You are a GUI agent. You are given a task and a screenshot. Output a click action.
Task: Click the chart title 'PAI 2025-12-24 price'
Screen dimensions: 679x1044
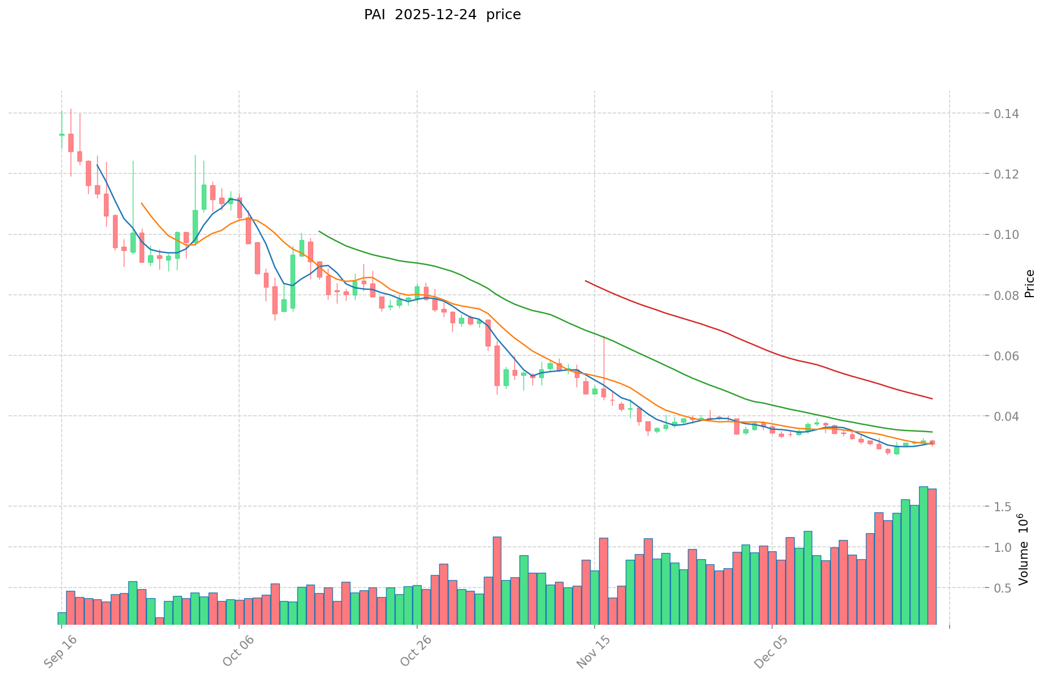(x=442, y=15)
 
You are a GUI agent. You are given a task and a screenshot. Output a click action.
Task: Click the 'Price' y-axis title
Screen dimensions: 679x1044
(x=1029, y=284)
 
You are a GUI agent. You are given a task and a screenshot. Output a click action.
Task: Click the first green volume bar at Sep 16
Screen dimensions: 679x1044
(x=62, y=619)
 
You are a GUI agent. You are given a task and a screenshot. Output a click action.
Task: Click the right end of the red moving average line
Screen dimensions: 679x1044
(x=932, y=399)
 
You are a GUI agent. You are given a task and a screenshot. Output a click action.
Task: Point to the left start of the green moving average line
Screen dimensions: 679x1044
(x=319, y=231)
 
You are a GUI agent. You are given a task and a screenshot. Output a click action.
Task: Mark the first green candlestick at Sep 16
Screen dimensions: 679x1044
(x=62, y=134)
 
